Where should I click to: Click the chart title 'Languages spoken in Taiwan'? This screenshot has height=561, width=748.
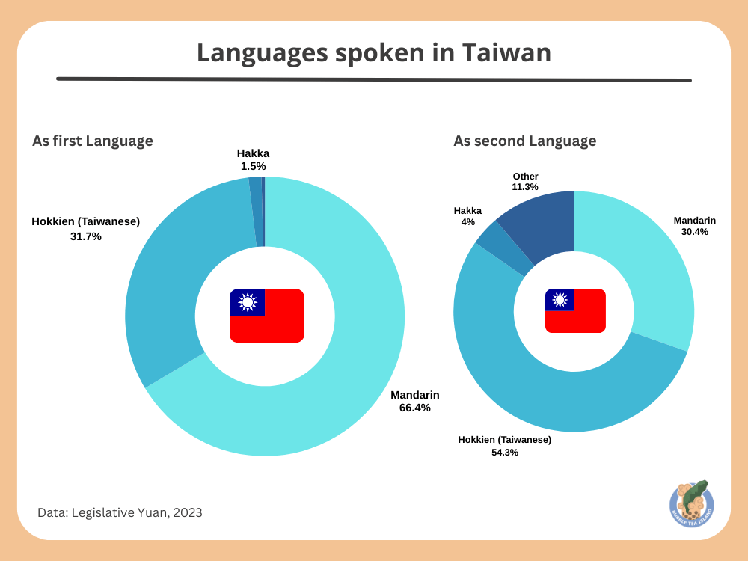374,52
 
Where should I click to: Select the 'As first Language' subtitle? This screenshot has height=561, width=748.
93,141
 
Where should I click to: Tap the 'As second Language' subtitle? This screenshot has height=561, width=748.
524,141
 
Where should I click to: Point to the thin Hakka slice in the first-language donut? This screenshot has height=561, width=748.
256,212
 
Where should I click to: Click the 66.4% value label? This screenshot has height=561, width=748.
414,408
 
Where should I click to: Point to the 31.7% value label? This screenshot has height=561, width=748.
85,236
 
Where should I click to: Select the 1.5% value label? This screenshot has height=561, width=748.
253,166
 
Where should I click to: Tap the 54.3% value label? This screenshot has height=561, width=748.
505,452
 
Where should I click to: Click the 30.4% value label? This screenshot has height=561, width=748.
695,232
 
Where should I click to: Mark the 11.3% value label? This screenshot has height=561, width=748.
525,187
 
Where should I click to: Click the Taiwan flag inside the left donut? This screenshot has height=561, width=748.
266,316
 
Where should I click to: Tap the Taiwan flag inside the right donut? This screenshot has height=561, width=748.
575,310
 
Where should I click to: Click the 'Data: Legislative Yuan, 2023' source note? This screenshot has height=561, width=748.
120,512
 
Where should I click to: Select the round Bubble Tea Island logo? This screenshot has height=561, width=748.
691,503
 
